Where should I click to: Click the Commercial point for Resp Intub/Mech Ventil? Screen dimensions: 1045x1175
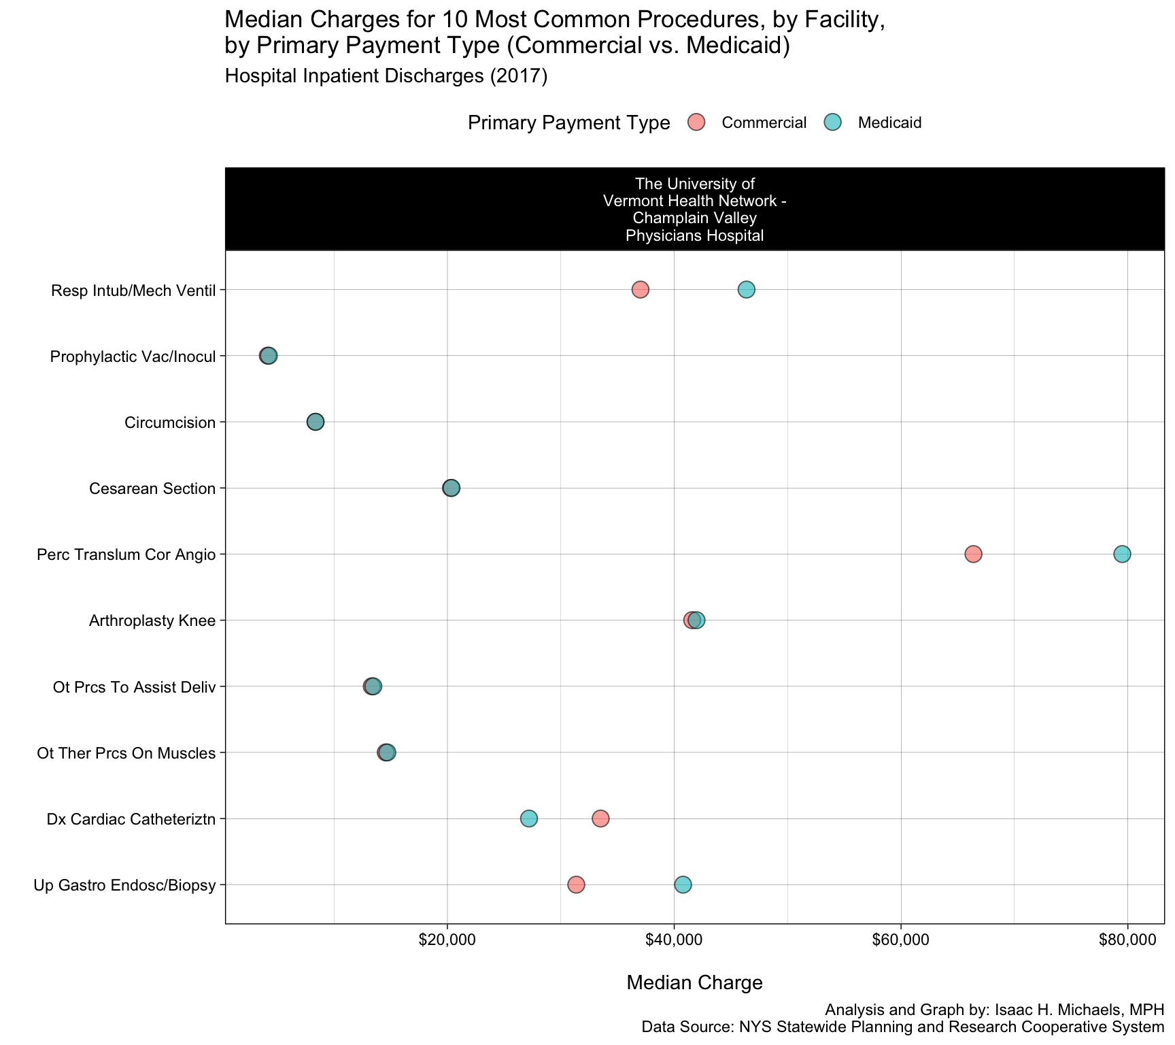[x=640, y=290]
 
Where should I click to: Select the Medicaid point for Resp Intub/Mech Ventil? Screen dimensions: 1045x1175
[x=747, y=290]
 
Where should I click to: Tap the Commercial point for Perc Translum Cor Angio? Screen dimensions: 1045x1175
[x=973, y=554]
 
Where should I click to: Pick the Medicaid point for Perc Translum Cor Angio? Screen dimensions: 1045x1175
[x=1122, y=554]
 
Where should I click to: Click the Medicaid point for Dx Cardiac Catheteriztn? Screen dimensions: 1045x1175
[x=529, y=818]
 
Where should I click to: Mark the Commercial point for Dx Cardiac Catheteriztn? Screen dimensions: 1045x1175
[x=600, y=818]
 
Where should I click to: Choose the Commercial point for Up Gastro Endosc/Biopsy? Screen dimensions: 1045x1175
[x=576, y=884]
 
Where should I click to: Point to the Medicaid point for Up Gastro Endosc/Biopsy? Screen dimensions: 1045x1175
[x=683, y=884]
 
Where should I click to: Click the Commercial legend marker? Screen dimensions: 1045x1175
[x=696, y=122]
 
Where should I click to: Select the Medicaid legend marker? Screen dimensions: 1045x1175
[x=832, y=122]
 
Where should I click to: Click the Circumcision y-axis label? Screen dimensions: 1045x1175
[x=170, y=422]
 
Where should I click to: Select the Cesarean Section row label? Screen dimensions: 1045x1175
[x=152, y=488]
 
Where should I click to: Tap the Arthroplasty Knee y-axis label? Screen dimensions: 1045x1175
[x=152, y=620]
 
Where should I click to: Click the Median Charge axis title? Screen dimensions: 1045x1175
[x=694, y=982]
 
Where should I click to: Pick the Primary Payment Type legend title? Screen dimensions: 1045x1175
[x=568, y=123]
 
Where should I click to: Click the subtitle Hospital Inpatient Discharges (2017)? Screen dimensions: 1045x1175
[x=386, y=76]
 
